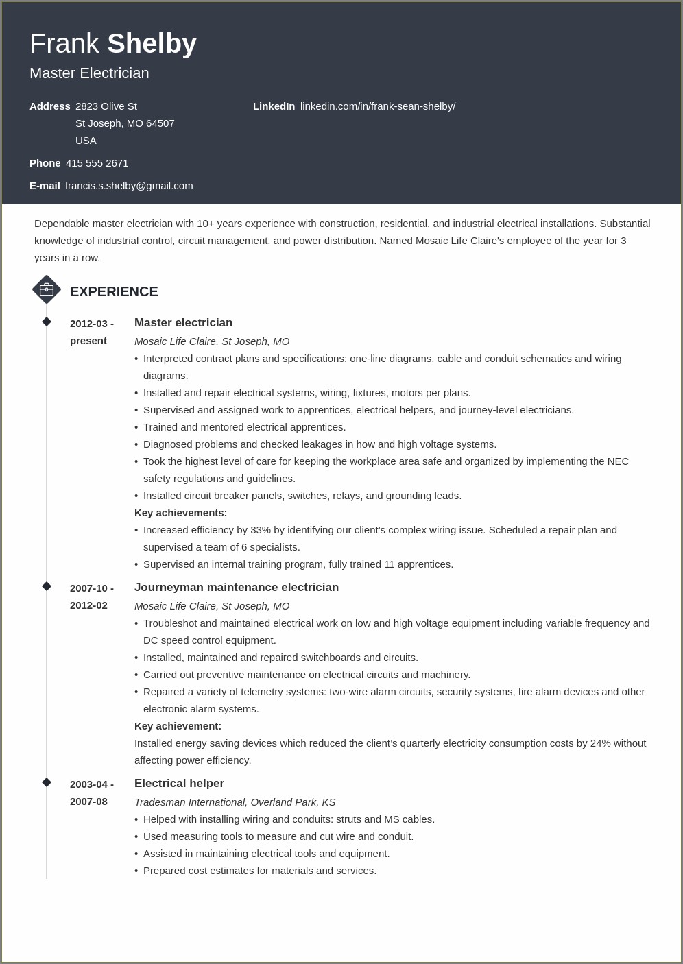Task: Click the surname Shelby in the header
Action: click(152, 44)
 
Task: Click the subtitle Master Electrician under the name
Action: click(89, 73)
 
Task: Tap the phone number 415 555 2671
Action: click(97, 163)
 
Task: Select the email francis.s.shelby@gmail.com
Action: click(129, 186)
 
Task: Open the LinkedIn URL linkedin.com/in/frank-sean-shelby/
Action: click(377, 106)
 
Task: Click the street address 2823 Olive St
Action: click(106, 106)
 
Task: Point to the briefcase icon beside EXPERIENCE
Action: click(47, 289)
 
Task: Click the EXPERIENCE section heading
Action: click(114, 291)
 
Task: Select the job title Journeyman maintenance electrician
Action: click(237, 588)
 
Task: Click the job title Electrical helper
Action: click(179, 784)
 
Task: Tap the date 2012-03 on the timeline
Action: click(88, 324)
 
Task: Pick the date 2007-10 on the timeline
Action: click(88, 588)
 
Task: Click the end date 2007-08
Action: click(88, 802)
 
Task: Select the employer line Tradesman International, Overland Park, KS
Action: click(235, 802)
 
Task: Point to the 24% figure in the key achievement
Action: click(600, 743)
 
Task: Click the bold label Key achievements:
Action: click(180, 513)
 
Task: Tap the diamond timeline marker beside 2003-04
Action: click(47, 782)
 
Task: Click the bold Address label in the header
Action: click(49, 106)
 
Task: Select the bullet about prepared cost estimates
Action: click(259, 871)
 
